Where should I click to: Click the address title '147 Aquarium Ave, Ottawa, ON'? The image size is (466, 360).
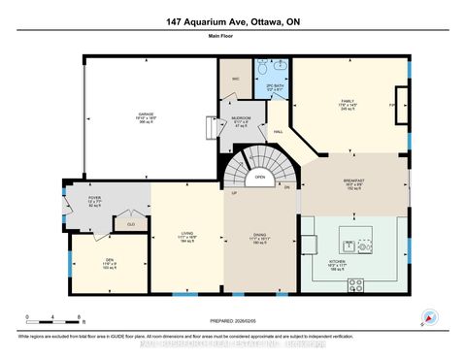coord(233,20)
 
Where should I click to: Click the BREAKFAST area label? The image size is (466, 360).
coord(352,181)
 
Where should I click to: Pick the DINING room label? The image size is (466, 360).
coord(259,236)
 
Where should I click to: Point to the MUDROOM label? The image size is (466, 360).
coord(241,120)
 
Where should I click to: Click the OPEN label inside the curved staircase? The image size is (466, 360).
coord(260,178)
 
